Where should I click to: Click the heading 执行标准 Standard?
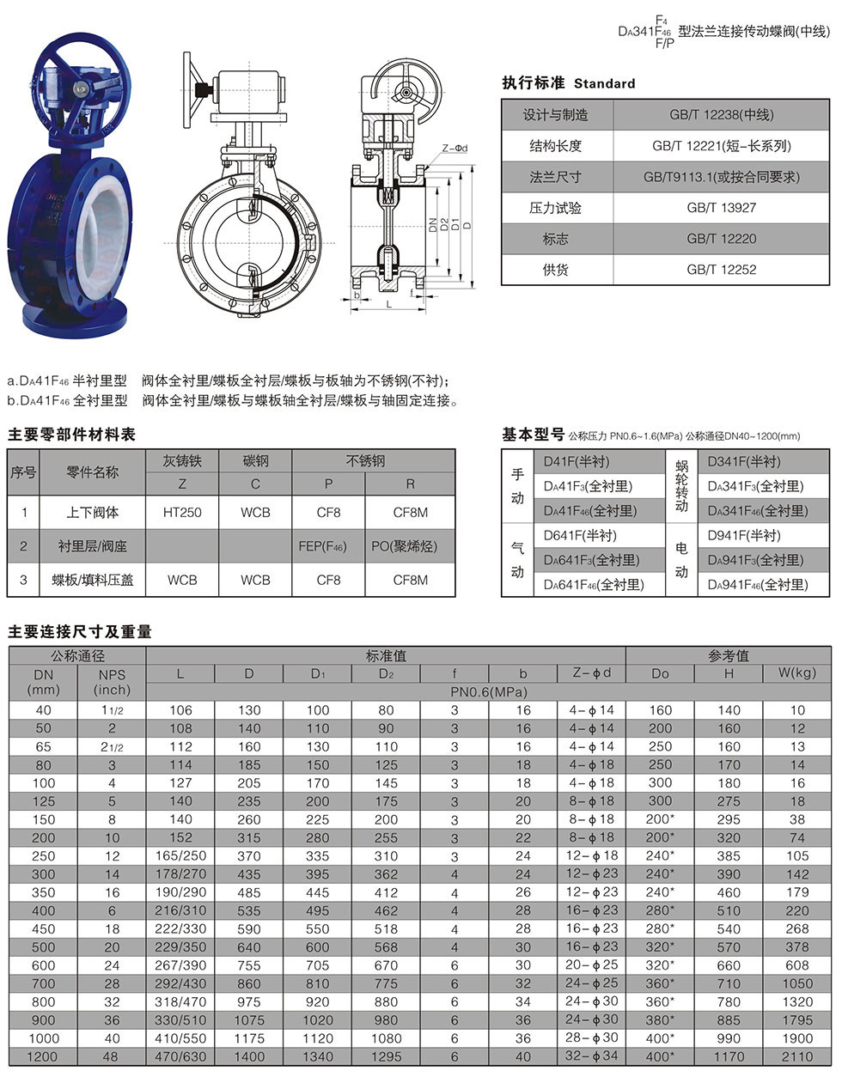pos(569,83)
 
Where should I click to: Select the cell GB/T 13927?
pos(721,208)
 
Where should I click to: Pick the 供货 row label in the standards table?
pos(556,270)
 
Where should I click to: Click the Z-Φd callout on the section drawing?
pos(455,148)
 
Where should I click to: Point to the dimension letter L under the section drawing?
pos(388,303)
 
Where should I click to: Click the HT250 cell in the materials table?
pos(182,513)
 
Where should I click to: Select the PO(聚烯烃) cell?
pos(410,546)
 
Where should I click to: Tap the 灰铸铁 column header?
pos(182,461)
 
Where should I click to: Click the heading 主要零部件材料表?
pos(71,435)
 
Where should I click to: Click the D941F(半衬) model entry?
pos(743,536)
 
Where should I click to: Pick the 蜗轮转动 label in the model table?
pos(682,486)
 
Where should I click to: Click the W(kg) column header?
pos(796,672)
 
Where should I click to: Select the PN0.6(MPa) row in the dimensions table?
pos(488,691)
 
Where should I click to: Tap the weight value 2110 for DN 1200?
pos(796,1056)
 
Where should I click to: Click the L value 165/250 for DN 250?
pos(180,856)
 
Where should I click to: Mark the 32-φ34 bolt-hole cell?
pos(591,1056)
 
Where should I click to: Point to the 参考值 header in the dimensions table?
pos(728,655)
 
